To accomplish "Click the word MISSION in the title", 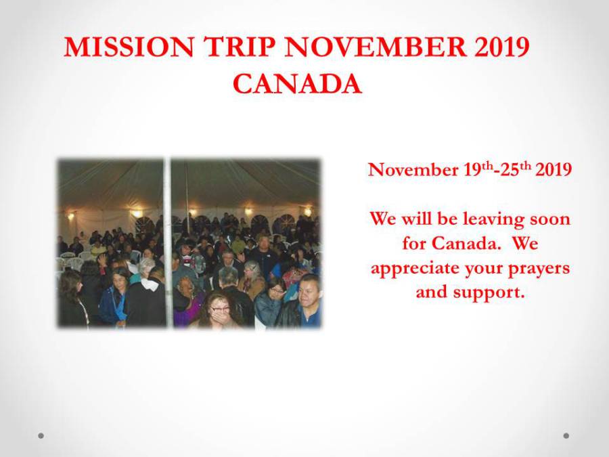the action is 129,47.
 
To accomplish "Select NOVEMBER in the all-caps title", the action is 376,47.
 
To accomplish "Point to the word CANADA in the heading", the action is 297,84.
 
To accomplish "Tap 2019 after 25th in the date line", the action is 554,170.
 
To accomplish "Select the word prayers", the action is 539,269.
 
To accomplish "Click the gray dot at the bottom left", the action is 41,435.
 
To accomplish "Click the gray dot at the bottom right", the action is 566,435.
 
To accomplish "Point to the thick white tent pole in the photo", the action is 167,243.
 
